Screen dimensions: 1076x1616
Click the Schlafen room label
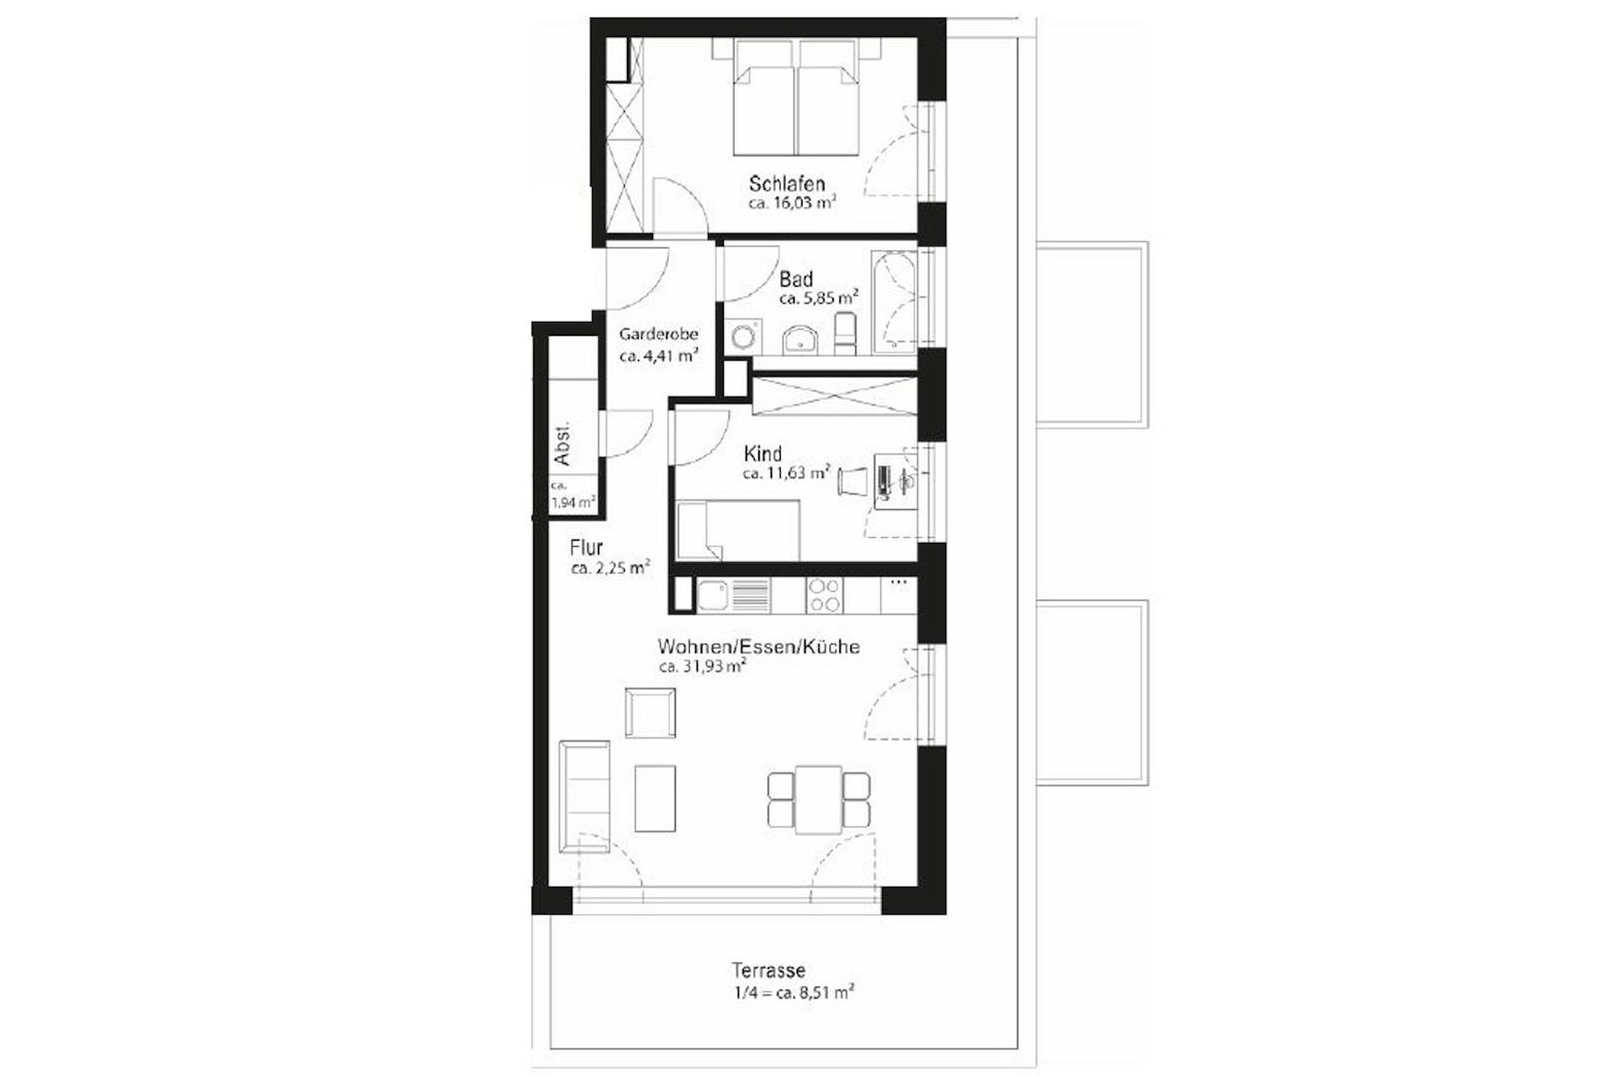[x=787, y=183]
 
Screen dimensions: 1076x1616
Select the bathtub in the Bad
[x=894, y=302]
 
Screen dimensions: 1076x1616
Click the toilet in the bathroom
[x=845, y=333]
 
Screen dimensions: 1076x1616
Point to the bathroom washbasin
[x=800, y=340]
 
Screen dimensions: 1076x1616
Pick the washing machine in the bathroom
[x=743, y=336]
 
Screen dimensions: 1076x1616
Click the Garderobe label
[x=658, y=334]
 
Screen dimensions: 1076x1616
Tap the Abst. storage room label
[x=562, y=444]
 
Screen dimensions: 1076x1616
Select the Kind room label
[x=763, y=453]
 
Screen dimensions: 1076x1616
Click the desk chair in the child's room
[x=852, y=480]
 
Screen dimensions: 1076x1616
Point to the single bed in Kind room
[x=738, y=530]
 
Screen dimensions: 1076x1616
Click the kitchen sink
[x=714, y=596]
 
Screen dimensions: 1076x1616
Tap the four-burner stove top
[x=824, y=596]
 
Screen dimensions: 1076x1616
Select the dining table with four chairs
[x=818, y=800]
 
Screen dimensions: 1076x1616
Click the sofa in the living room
[x=584, y=796]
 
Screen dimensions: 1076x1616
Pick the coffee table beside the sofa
[x=655, y=797]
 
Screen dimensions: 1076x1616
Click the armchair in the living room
[x=650, y=712]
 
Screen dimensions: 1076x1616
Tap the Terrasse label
[x=768, y=969]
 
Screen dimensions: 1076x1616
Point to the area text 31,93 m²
[x=703, y=667]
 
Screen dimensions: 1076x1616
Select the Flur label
[x=586, y=547]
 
